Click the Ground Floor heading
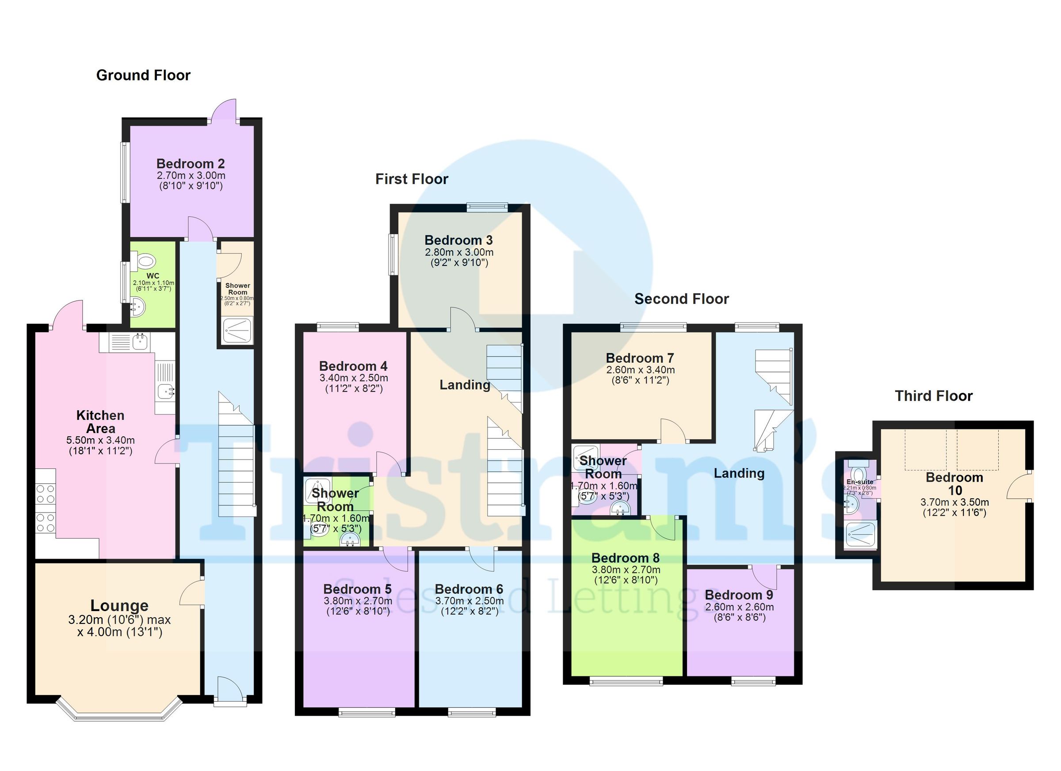click(x=143, y=75)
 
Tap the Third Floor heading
click(x=933, y=396)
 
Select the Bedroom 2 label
click(x=191, y=163)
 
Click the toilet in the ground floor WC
click(x=145, y=261)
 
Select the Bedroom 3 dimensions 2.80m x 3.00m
click(x=459, y=252)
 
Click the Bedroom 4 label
click(x=353, y=366)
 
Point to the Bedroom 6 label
click(x=469, y=589)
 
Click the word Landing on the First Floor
click(x=465, y=385)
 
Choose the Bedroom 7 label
click(x=640, y=358)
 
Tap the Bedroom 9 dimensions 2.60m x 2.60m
click(x=739, y=607)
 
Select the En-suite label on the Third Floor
click(x=859, y=482)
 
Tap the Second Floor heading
click(x=681, y=299)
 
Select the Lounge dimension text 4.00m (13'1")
click(x=120, y=632)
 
